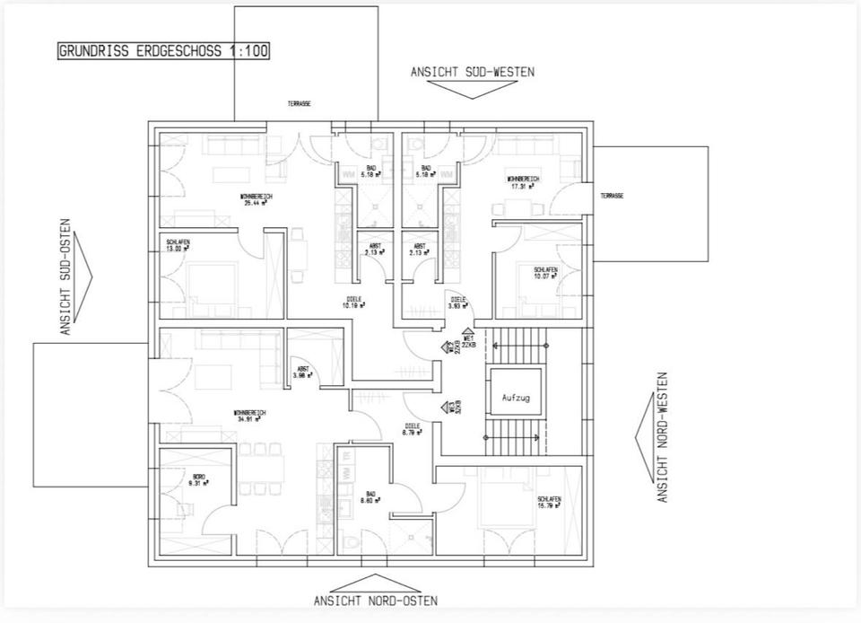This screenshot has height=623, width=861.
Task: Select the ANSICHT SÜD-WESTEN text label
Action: tap(472, 72)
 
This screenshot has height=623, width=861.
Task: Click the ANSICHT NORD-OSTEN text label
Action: tap(376, 601)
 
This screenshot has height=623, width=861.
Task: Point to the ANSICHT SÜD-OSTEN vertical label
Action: tap(65, 276)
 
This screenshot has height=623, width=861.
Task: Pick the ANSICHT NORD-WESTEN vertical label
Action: tap(663, 437)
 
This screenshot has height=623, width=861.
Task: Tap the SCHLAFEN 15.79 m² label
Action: tap(549, 502)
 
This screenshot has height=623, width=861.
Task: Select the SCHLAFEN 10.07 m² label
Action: tap(545, 273)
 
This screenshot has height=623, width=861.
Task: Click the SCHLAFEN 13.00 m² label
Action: tap(178, 245)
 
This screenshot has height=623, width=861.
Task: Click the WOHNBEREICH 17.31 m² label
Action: tap(523, 183)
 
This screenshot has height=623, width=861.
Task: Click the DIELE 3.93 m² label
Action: tap(457, 303)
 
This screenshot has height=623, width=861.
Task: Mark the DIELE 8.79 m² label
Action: tap(413, 429)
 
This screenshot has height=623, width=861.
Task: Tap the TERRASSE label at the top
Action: tap(300, 104)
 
